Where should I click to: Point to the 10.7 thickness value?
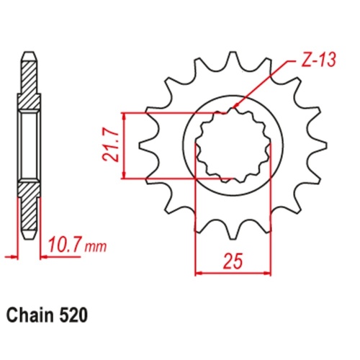click(x=66, y=246)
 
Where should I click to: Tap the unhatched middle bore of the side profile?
click(x=27, y=144)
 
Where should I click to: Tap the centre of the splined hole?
click(x=233, y=144)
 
